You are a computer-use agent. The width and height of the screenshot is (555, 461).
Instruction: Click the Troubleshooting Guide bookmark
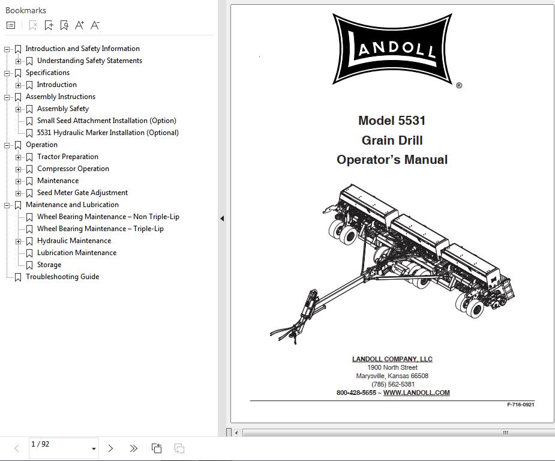[62, 277]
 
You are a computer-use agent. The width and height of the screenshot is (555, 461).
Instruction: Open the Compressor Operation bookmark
[73, 169]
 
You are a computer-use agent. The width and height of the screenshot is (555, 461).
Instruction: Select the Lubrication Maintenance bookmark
[76, 253]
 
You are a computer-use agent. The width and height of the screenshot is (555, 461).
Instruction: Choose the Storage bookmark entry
[49, 265]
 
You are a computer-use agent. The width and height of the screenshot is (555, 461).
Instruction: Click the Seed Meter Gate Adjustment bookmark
[82, 193]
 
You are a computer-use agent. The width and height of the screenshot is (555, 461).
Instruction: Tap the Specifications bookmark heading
[47, 73]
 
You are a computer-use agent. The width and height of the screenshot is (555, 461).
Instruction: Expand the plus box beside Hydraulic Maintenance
[19, 241]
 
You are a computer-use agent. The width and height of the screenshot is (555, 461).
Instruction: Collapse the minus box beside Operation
[7, 145]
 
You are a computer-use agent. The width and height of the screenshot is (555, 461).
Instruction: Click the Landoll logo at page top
[392, 49]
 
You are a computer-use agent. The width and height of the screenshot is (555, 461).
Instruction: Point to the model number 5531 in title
[412, 121]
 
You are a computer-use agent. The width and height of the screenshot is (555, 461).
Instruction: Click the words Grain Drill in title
[392, 140]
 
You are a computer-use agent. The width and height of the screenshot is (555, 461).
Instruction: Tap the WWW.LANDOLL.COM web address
[416, 393]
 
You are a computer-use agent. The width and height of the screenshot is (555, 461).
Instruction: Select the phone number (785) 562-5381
[392, 384]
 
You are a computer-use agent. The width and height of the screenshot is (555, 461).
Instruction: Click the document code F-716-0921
[520, 405]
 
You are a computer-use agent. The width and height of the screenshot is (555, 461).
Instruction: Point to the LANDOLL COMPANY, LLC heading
[392, 359]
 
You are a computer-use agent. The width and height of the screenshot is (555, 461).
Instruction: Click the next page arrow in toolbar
[110, 448]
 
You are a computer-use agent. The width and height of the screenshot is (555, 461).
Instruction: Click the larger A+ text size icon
[79, 25]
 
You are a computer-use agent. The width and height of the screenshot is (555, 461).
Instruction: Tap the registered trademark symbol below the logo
[459, 86]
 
